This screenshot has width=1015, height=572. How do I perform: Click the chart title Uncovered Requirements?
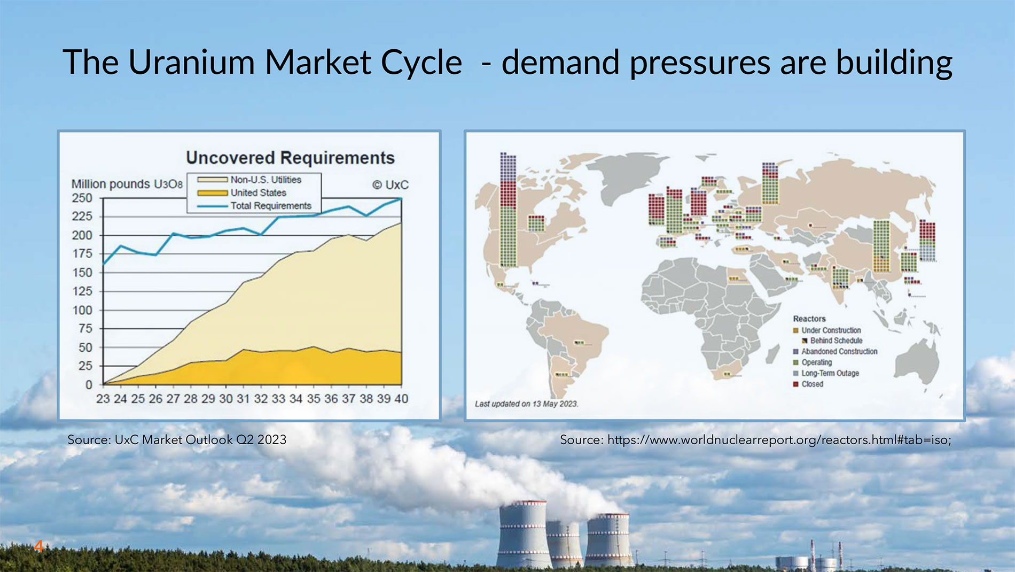click(x=290, y=158)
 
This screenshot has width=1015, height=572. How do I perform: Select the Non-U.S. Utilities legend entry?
click(x=249, y=180)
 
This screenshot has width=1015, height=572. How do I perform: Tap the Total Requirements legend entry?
click(x=254, y=206)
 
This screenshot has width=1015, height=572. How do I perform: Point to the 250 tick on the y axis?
click(x=82, y=198)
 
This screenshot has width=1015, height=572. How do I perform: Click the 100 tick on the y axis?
click(x=82, y=310)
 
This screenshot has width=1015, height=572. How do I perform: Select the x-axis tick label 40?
click(x=401, y=399)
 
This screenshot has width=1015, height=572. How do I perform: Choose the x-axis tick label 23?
click(x=103, y=399)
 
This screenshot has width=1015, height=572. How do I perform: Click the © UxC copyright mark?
click(x=391, y=185)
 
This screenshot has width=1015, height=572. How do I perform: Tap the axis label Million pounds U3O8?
click(x=127, y=184)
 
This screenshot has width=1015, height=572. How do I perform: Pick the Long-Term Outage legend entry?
click(x=826, y=373)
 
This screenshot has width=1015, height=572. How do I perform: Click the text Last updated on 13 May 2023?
click(x=527, y=404)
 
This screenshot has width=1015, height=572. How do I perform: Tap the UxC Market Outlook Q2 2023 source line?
click(x=177, y=439)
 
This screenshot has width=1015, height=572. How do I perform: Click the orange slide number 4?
click(x=38, y=546)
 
